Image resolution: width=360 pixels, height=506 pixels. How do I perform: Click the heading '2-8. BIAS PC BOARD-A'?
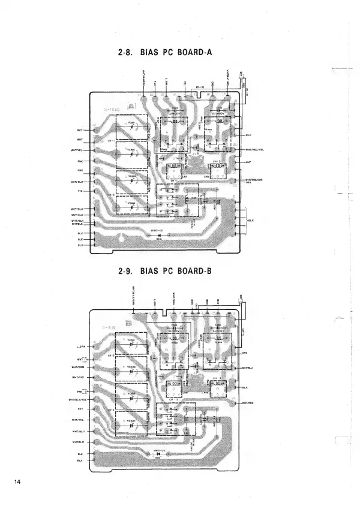(166, 53)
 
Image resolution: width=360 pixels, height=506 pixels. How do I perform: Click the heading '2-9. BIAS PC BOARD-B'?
(166, 270)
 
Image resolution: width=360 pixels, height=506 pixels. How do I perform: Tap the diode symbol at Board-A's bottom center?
(160, 236)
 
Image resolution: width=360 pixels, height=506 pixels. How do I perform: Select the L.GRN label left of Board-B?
(80, 347)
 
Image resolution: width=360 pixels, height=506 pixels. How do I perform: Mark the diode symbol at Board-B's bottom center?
(159, 454)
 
